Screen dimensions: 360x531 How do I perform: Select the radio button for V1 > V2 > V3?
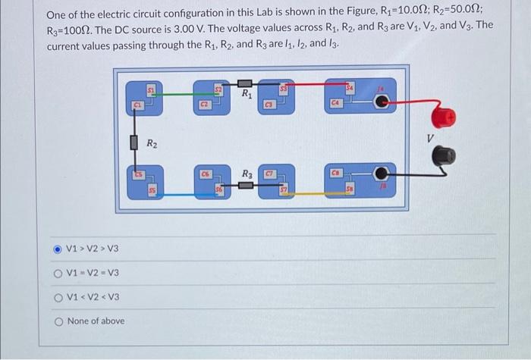[57, 249]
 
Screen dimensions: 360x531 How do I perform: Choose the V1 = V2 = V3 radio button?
[57, 273]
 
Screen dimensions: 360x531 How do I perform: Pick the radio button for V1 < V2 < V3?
[57, 296]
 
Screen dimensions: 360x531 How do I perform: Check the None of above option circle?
[57, 321]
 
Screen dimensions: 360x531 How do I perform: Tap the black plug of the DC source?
[445, 155]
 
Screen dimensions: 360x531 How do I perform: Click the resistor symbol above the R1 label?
[245, 82]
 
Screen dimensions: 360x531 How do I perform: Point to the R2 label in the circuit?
[152, 143]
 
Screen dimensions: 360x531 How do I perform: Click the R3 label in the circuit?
[247, 174]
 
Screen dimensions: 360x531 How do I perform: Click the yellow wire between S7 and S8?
[307, 194]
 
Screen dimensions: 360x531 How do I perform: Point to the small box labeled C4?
[336, 102]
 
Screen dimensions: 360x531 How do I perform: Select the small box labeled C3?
[269, 103]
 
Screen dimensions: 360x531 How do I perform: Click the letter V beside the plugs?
[429, 138]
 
